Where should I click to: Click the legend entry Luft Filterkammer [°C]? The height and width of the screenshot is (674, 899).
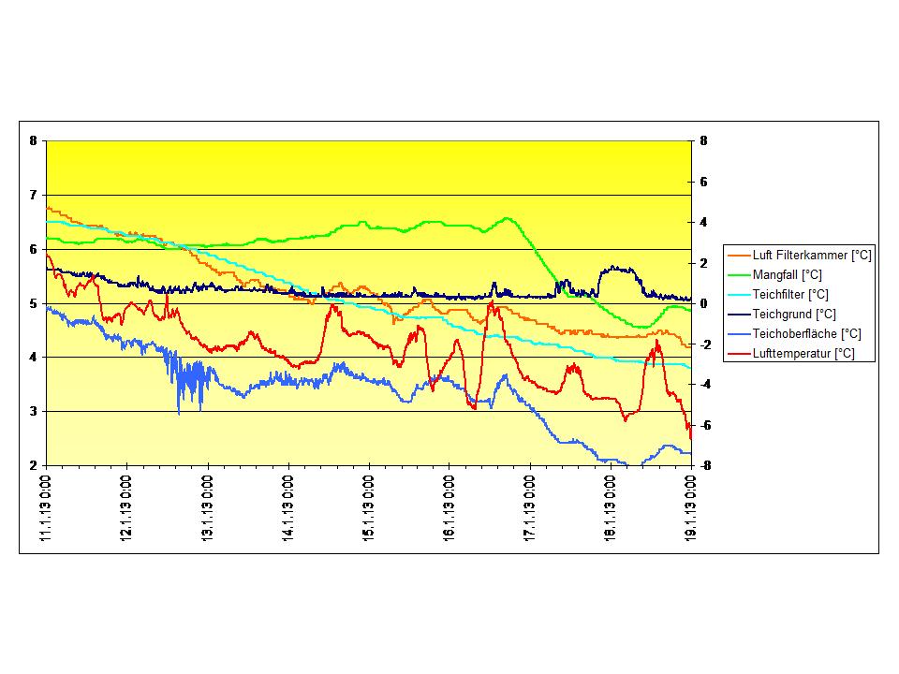[x=812, y=255]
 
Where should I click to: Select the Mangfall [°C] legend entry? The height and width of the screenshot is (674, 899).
[x=787, y=274]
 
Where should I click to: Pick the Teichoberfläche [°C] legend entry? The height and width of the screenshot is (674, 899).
[x=806, y=333]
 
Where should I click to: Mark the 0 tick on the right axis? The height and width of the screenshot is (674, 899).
[x=703, y=303]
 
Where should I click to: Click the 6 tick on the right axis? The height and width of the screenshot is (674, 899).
[x=703, y=182]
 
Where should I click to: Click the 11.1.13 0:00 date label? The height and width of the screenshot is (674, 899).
[x=47, y=506]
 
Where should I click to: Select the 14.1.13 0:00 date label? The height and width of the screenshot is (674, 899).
[x=288, y=506]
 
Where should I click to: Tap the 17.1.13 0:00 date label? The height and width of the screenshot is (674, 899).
[x=530, y=506]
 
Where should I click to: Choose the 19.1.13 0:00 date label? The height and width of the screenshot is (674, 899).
[x=691, y=506]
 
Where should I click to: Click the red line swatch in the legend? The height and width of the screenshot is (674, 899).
[x=739, y=354]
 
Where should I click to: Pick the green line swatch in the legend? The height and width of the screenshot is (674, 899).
[x=739, y=275]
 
